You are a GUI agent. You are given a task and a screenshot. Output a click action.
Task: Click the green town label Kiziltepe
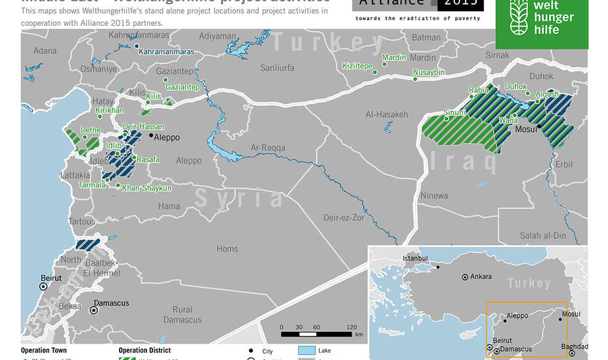click(x=357, y=66)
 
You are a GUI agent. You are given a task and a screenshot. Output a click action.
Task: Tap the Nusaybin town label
click(x=428, y=72)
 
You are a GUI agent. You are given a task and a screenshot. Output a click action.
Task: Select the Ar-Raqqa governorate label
click(x=268, y=148)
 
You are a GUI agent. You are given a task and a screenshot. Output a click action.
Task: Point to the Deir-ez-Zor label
click(x=343, y=218)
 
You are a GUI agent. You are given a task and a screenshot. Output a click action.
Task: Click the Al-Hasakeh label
click(x=386, y=114)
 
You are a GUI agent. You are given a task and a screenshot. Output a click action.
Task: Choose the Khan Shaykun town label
click(x=147, y=188)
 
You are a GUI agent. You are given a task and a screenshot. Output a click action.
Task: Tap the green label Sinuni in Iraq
click(x=454, y=112)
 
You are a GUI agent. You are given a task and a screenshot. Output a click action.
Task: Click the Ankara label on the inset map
click(x=481, y=276)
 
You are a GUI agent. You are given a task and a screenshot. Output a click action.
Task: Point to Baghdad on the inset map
click(x=575, y=346)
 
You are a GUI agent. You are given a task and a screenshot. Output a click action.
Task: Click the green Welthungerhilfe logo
click(x=542, y=24)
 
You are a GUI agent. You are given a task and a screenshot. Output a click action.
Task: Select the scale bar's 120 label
click(x=352, y=327)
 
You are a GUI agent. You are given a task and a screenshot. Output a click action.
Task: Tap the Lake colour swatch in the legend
click(x=307, y=351)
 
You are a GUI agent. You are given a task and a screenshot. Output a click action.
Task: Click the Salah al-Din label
click(x=543, y=235)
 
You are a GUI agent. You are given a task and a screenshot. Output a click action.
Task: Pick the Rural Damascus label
click(x=183, y=314)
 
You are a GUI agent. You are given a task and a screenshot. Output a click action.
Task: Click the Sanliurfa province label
click(x=277, y=67)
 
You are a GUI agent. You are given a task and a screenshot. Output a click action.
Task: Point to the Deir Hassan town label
click(x=143, y=126)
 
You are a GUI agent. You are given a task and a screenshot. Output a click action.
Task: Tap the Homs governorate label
click(x=227, y=249)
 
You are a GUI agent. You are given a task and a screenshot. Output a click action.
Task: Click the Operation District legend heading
click(x=144, y=350)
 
